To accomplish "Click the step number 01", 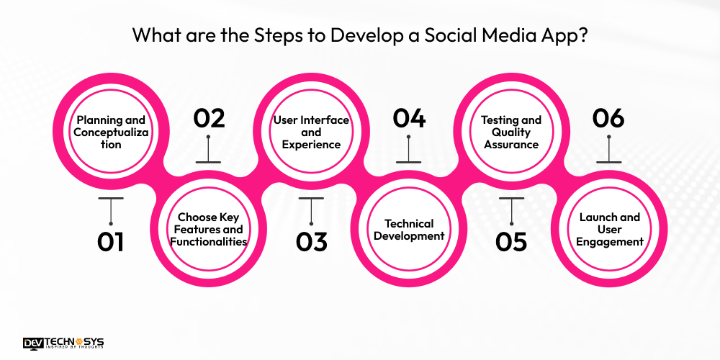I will click(111, 241).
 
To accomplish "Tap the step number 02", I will click(209, 119).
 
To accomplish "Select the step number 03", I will click(311, 241).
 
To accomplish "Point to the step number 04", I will click(409, 119).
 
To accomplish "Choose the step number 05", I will click(511, 241).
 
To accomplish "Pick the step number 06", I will click(608, 119).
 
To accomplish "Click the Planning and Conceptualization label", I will click(111, 132).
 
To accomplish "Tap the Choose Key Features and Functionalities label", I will click(209, 229).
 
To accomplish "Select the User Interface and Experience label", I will click(311, 132).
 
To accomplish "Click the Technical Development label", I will click(409, 230).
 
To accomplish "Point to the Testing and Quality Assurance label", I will click(511, 132).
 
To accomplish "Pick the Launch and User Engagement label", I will click(609, 229).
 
